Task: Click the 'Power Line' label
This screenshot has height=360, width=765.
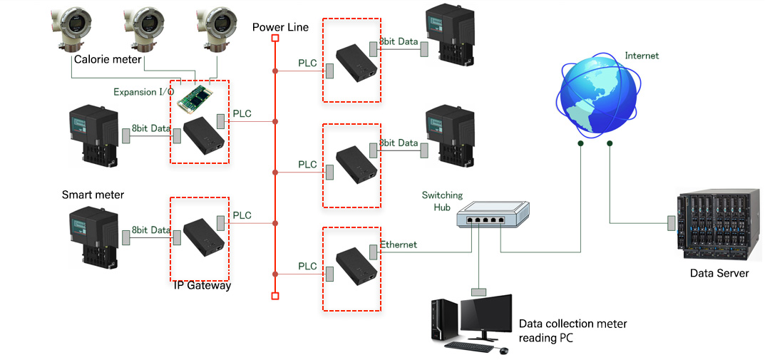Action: (280, 27)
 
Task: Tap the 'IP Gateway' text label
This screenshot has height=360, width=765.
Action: (202, 286)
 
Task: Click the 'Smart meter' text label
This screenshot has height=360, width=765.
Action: (93, 195)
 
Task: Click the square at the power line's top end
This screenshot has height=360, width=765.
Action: (275, 38)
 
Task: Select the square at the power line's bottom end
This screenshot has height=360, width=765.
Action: (275, 295)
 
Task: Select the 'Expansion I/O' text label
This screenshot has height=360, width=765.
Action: (143, 92)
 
